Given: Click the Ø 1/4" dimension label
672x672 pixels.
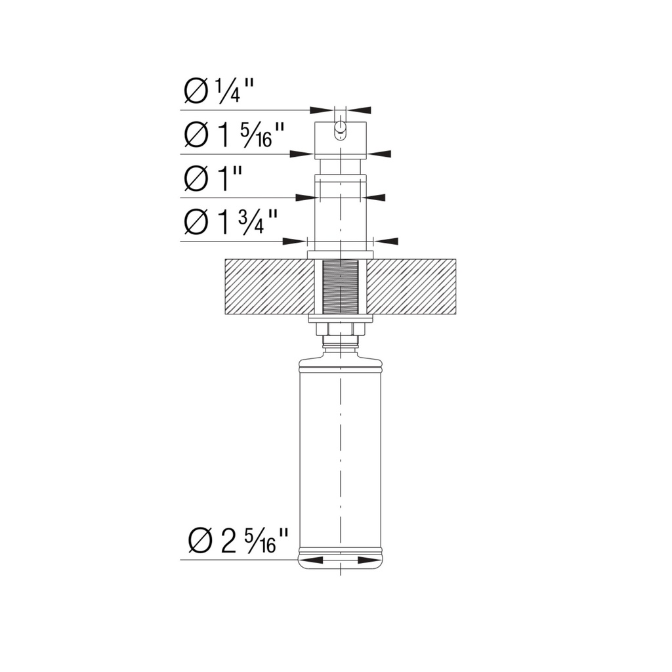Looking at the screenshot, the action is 219,91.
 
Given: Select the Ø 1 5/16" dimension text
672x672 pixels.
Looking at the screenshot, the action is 234,135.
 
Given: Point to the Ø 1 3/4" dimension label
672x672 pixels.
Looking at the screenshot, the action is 230,222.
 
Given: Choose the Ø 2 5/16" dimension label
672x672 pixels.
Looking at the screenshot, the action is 238,540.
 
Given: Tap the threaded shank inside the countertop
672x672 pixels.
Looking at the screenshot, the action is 341,286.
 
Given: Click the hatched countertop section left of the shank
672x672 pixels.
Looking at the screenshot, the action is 269,286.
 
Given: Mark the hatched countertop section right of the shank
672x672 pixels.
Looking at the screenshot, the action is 411,286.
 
